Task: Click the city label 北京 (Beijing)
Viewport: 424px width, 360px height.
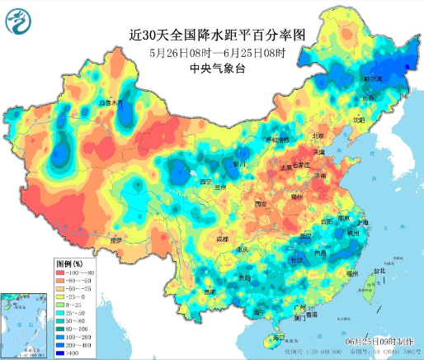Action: point(318,135)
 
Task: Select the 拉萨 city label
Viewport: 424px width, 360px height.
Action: point(117,240)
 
